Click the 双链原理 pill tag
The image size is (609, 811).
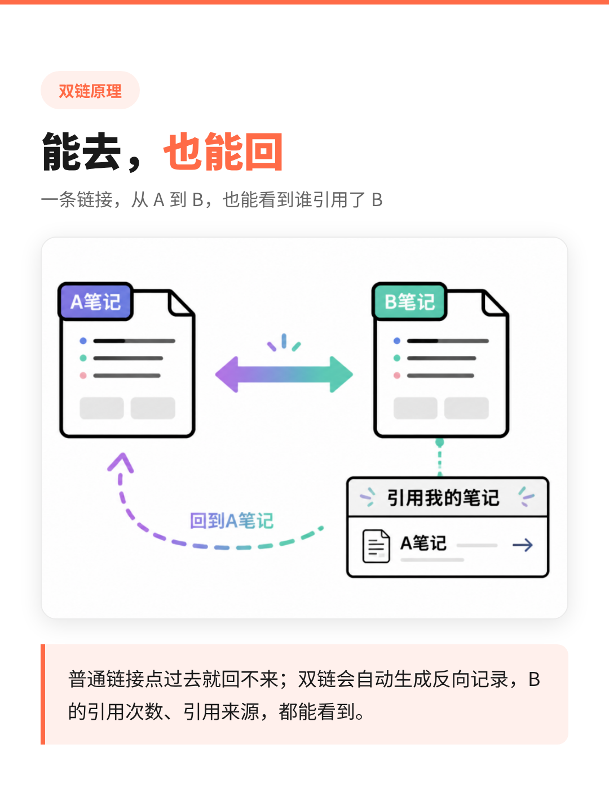90,90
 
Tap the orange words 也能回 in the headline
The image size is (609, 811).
223,151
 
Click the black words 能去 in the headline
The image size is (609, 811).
82,151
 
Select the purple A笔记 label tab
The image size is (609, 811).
95,301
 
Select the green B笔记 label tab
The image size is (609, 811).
409,301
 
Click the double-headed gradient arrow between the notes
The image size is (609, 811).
284,375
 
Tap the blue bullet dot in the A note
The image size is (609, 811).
83,341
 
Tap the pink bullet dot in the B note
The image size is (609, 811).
397,376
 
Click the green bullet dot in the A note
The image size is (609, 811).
83,358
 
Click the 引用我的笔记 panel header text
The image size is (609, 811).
443,497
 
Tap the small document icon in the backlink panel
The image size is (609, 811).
376,546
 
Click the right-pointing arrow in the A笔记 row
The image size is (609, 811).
523,545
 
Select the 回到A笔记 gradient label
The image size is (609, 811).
231,520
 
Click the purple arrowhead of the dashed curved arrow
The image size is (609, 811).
121,462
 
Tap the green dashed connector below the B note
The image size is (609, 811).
440,457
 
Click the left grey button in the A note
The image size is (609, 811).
101,408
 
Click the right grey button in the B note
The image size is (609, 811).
466,408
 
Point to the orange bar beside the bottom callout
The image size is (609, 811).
43,694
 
